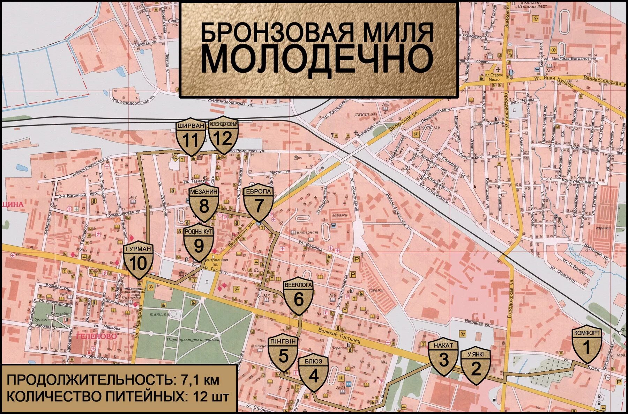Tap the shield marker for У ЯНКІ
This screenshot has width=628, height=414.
click(476, 367)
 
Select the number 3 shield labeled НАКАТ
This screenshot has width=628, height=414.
click(443, 358)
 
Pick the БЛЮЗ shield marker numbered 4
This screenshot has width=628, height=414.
click(314, 374)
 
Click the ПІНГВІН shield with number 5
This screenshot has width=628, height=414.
click(283, 354)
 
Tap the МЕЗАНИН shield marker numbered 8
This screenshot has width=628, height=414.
click(204, 204)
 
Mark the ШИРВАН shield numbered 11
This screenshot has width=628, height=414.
click(190, 138)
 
